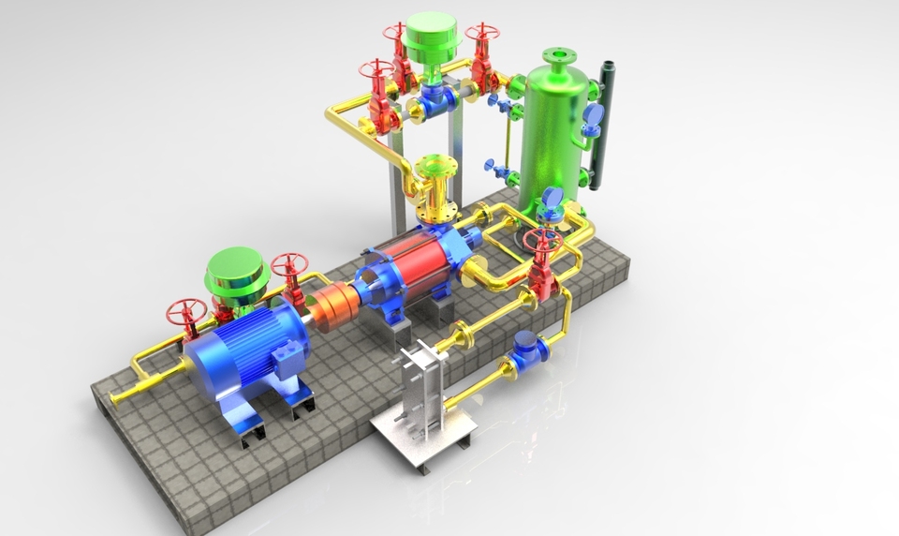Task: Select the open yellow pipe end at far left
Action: [116, 398]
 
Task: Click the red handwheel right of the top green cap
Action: [481, 32]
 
